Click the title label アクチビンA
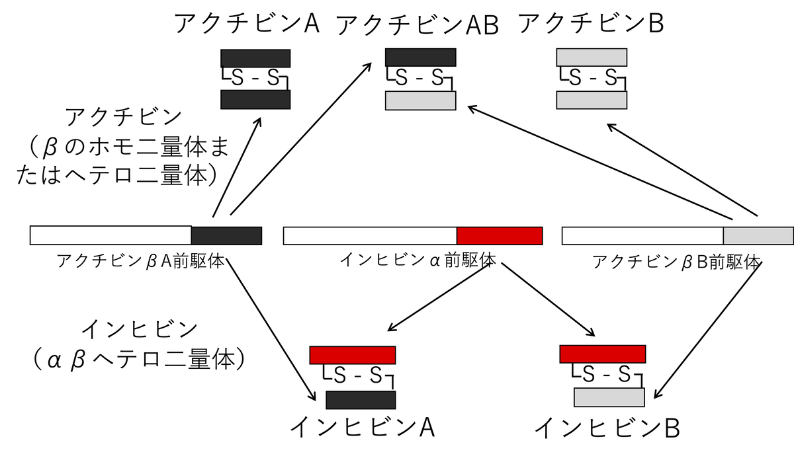[x=247, y=24]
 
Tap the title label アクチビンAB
[x=418, y=25]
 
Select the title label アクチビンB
[x=591, y=24]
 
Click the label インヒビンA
[x=362, y=428]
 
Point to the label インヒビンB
[x=606, y=428]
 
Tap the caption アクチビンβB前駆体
[x=676, y=262]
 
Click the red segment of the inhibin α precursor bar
[x=500, y=235]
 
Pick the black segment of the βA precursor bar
[x=226, y=235]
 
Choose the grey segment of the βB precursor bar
[x=758, y=235]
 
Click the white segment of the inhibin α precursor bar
[x=370, y=235]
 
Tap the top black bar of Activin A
[x=255, y=58]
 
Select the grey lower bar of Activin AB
[x=420, y=100]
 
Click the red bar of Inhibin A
[x=353, y=355]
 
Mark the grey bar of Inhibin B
[x=609, y=397]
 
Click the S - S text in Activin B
[x=592, y=79]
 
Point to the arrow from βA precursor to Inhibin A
[x=271, y=330]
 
